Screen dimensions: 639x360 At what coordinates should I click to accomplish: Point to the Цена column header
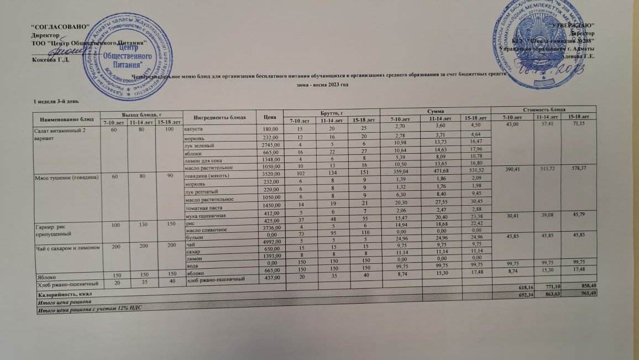270,117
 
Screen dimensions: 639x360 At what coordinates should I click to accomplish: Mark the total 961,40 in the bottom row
586,293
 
